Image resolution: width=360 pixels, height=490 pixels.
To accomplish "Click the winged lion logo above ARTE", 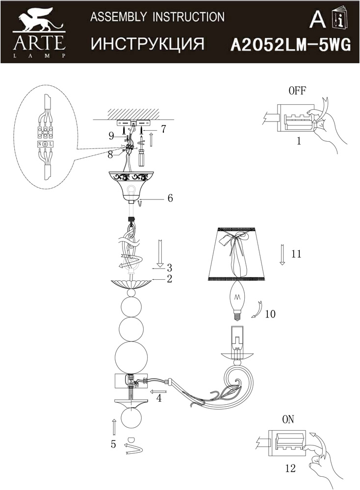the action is pos(38,19).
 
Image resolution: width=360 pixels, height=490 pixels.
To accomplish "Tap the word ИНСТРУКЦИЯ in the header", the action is pos(148,44).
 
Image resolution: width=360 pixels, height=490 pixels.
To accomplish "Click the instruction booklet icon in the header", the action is pos(340,17).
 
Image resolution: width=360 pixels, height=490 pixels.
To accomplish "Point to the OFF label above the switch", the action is pos(297,91).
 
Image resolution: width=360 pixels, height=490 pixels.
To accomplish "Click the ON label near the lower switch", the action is pos(288,419).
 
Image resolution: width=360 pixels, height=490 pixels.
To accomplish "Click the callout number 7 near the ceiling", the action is pos(163,129).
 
